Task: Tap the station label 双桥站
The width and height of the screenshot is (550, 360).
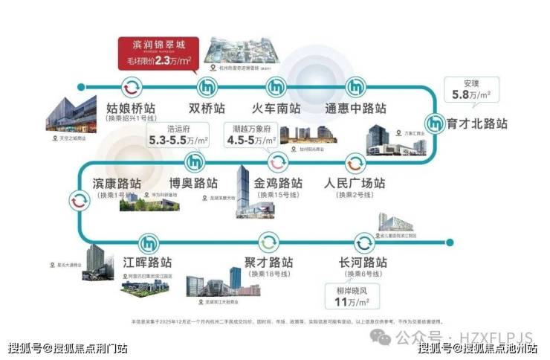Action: coord(207,109)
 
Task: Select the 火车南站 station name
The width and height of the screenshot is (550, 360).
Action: coord(274,109)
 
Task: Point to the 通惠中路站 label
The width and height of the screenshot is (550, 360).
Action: coord(355,109)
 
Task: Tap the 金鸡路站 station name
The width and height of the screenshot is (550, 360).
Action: coord(278,183)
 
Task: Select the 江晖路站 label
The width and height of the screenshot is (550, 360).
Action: coord(137,263)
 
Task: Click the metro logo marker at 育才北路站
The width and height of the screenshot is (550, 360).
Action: coord(436,123)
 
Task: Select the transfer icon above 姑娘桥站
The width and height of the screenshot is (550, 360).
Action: coord(131,85)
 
